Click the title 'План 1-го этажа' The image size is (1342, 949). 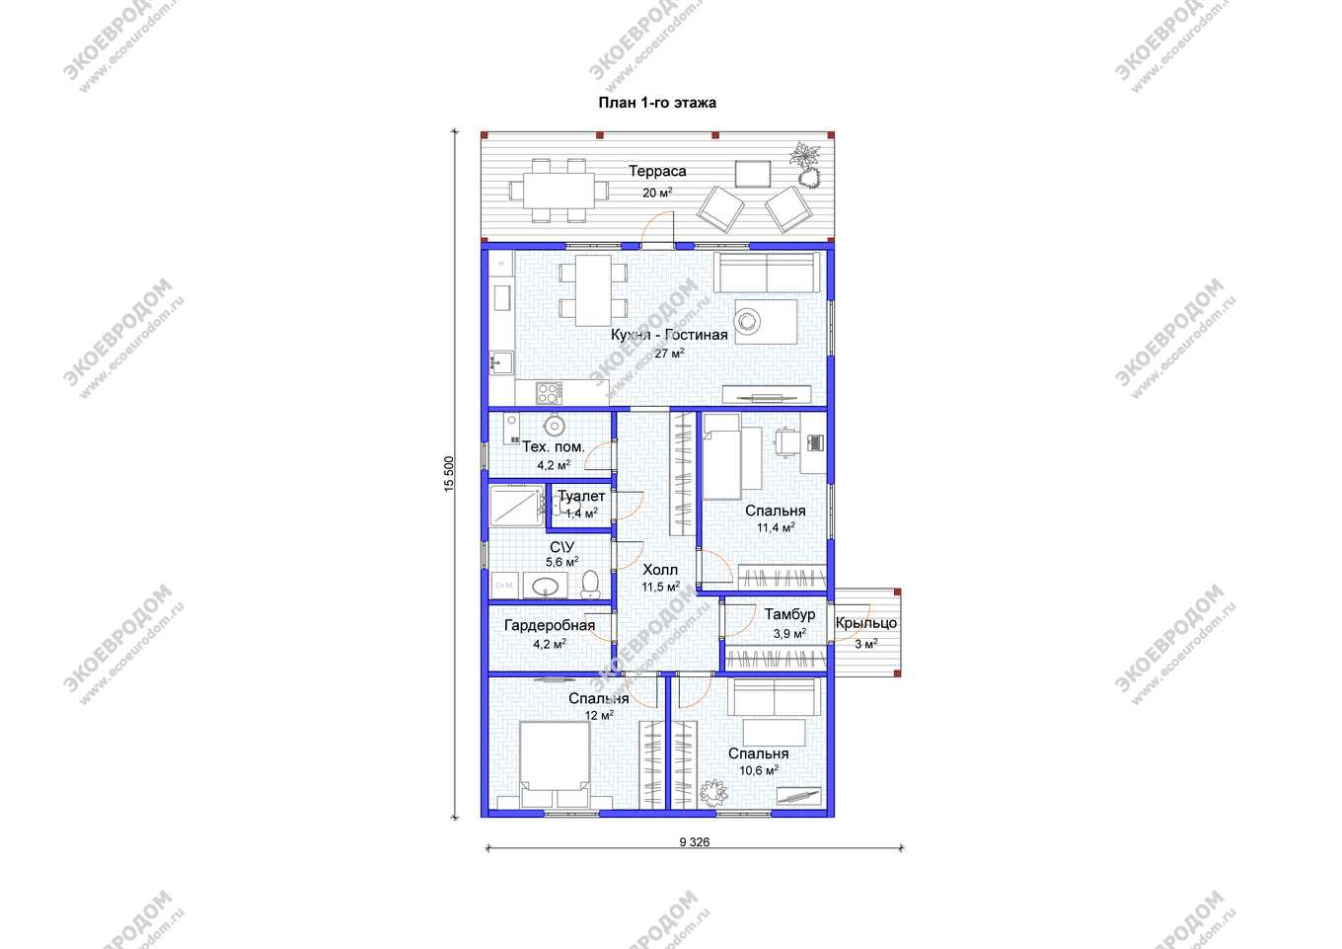point(657,103)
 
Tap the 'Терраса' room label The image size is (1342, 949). point(657,171)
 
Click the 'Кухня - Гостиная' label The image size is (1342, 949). point(669,335)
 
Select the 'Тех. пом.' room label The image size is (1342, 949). point(553,446)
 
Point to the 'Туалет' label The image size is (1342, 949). point(581,497)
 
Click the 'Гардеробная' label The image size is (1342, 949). point(550,625)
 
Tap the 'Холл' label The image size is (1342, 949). point(660,570)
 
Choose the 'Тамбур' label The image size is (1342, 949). point(789,614)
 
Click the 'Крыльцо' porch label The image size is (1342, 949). point(865,623)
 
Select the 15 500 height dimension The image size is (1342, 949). point(449,474)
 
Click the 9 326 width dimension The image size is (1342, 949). point(695,841)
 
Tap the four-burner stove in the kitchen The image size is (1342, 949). point(549,393)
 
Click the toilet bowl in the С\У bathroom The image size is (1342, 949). point(589,584)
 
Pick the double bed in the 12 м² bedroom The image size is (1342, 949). point(555,764)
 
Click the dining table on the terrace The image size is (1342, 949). point(559,191)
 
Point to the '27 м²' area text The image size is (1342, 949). point(669,354)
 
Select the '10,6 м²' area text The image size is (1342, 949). point(759,769)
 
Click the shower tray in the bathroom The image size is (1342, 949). point(516,506)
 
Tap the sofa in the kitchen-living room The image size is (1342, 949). point(767,273)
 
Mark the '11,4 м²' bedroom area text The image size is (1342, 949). point(776,527)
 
